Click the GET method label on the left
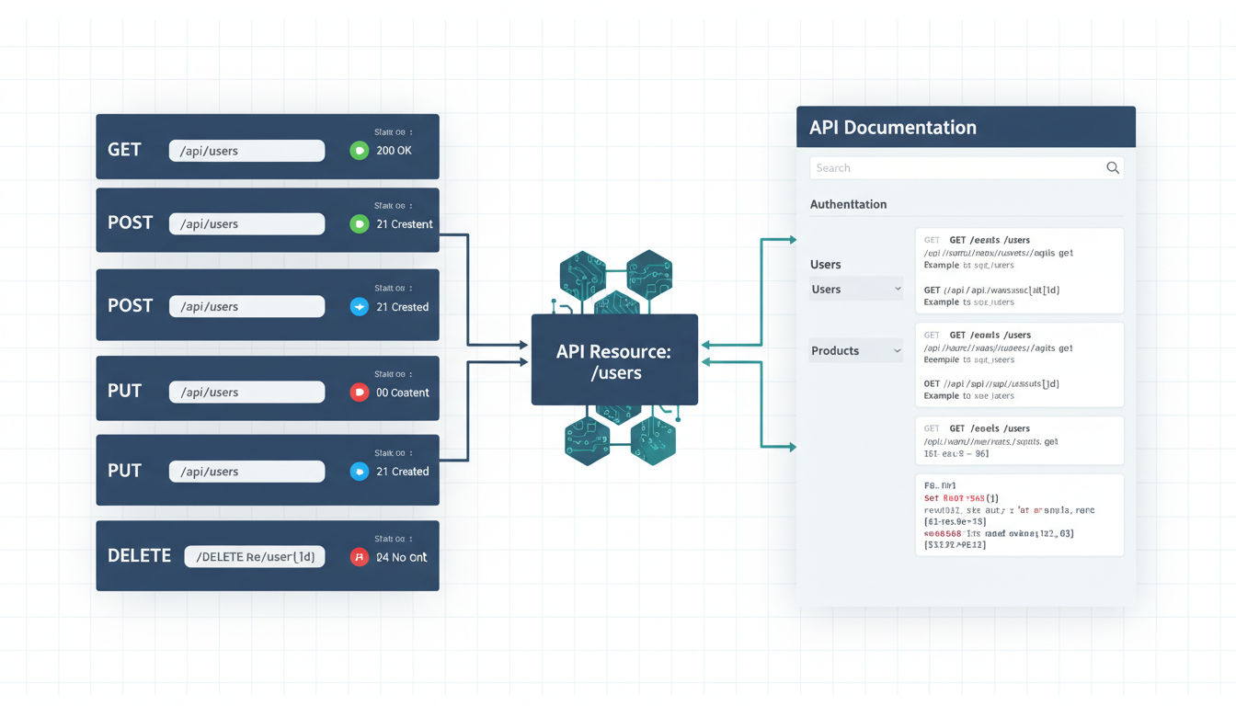124,149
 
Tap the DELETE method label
140,555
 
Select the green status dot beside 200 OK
360,151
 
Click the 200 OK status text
394,150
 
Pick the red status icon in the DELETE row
360,557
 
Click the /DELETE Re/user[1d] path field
255,556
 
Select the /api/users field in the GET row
246,151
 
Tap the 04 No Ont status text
402,557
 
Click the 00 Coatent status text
403,393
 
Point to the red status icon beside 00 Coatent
360,393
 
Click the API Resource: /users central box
614,360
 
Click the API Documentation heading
892,128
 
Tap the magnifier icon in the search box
1113,167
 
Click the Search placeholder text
833,168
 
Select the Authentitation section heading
848,204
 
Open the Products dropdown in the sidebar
855,350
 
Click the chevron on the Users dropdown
898,290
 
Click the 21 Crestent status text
405,224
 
